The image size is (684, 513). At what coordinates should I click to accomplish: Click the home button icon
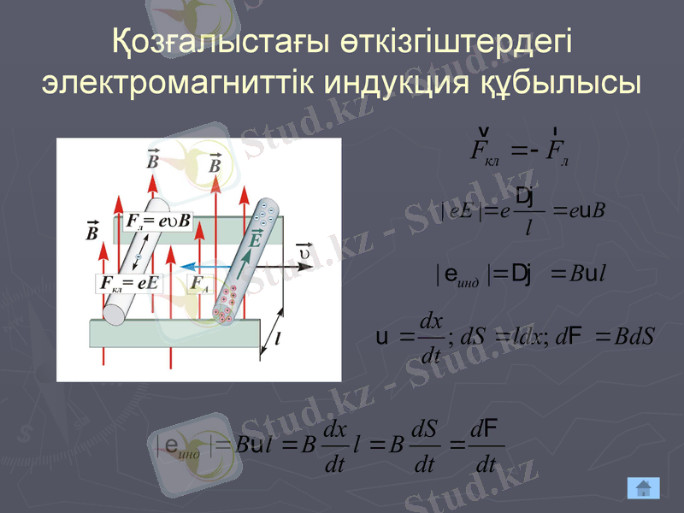pyautogui.click(x=644, y=487)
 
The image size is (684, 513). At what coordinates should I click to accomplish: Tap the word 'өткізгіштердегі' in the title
pyautogui.click(x=455, y=43)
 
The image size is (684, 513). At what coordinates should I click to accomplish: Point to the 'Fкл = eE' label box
pyautogui.click(x=129, y=283)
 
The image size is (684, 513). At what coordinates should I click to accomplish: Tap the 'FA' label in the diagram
pyautogui.click(x=199, y=284)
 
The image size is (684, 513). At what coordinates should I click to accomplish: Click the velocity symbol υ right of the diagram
pyautogui.click(x=303, y=251)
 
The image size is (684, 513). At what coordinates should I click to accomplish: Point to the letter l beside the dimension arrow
pyautogui.click(x=279, y=339)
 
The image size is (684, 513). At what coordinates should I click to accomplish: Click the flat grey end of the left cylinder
pyautogui.click(x=114, y=310)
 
